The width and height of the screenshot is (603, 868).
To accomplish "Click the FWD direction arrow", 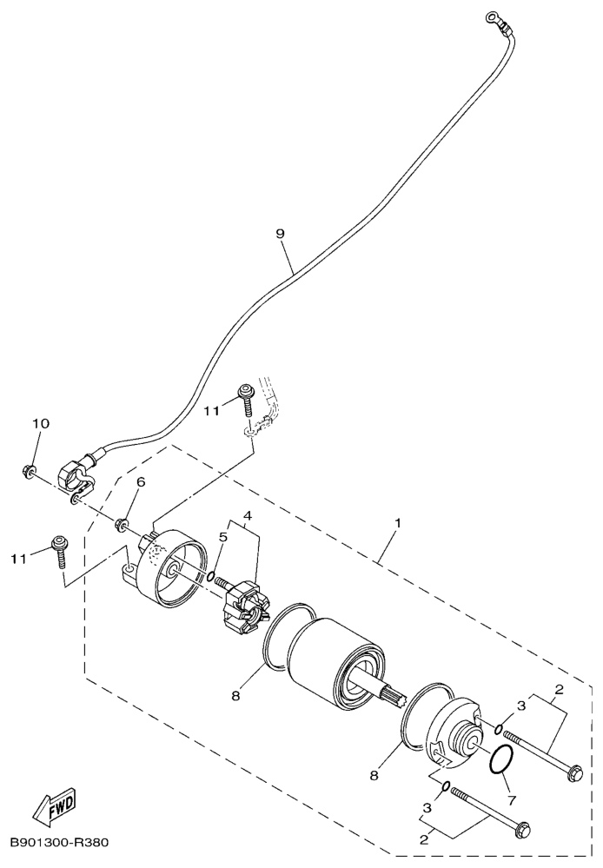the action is tap(54, 803).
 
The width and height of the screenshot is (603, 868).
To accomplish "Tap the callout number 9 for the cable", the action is tap(280, 234).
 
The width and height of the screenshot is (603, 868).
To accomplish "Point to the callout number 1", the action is tap(398, 522).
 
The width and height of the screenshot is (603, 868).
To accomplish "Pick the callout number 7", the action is tap(511, 799).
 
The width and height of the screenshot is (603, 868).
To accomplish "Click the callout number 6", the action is tap(141, 482).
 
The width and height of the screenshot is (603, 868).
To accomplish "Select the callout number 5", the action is tap(223, 536).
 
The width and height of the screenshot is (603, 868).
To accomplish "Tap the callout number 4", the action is tap(248, 515).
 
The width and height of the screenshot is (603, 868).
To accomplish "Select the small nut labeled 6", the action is tap(120, 524).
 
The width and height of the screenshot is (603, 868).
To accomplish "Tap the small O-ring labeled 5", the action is tap(211, 577).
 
